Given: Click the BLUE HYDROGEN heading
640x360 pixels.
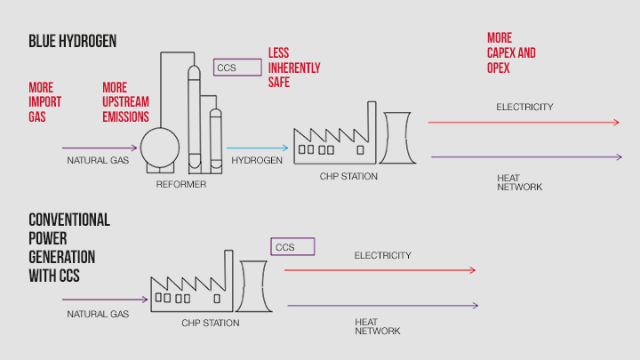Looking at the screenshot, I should (72, 42).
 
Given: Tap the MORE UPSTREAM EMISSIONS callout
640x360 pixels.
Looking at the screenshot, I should (125, 102).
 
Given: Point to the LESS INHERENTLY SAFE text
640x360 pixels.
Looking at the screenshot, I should (294, 68).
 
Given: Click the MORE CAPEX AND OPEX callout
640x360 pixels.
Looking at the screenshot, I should (511, 52).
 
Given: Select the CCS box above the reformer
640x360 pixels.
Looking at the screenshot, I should (236, 67).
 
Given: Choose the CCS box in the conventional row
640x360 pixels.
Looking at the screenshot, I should (292, 246).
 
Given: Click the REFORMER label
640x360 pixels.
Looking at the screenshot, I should (181, 184).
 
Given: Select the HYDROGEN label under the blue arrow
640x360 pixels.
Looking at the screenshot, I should (257, 161).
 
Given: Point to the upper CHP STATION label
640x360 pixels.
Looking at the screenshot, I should (348, 176).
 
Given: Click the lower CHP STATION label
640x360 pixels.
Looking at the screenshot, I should (210, 323).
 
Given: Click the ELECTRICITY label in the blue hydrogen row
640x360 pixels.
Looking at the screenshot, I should (524, 108).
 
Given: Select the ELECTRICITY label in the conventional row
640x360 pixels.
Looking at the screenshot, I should (382, 256).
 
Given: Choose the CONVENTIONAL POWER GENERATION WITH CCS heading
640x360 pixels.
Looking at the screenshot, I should (68, 248).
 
